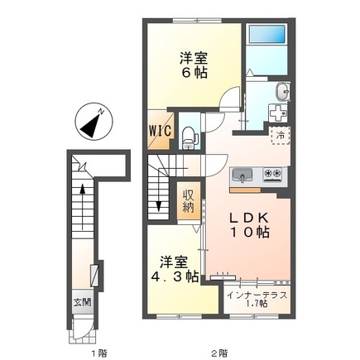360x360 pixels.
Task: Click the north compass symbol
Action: point(92,121)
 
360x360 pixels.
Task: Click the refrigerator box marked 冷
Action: point(279,133)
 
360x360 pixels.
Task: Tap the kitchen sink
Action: point(244,175)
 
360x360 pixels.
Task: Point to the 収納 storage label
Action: point(189,200)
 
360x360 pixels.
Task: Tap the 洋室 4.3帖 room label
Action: point(175,269)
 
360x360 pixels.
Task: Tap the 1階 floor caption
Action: point(97,352)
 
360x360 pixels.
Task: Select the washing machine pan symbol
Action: point(279,111)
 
